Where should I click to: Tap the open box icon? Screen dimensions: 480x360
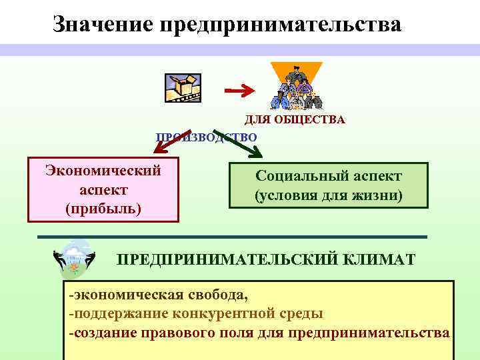(x=182, y=87)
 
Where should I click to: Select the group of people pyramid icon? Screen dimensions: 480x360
(x=296, y=87)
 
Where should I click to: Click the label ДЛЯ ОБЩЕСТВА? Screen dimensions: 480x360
(x=294, y=120)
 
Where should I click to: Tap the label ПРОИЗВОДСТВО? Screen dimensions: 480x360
(x=206, y=137)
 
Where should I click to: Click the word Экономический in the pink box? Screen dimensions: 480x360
(x=103, y=170)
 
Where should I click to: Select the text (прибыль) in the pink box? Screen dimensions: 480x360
(x=103, y=208)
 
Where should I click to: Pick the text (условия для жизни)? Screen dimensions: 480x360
(x=329, y=196)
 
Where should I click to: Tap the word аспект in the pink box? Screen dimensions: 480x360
(x=103, y=189)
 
